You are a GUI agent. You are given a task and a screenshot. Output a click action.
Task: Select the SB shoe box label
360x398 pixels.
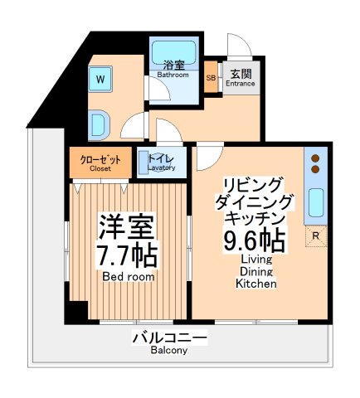coord(212,76)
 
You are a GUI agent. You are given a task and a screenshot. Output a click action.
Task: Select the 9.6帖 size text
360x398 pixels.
coord(254,240)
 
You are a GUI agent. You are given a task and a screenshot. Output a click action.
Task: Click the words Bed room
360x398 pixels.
coord(129,277)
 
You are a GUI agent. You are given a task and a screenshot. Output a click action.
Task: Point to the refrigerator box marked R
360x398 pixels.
coord(314,237)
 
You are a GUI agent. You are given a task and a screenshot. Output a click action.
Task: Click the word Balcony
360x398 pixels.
coord(169,351)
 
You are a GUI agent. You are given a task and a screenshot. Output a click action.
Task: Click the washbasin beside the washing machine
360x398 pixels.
coord(98,124)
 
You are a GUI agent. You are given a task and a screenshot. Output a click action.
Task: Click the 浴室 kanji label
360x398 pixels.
coord(173,65)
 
